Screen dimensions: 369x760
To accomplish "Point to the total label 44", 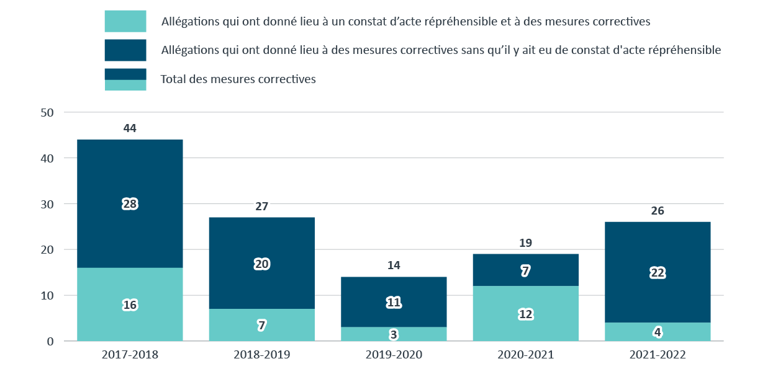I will click(130, 129).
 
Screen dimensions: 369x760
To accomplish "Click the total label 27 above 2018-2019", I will click(261, 207).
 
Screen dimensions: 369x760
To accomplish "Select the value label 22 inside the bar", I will click(658, 272).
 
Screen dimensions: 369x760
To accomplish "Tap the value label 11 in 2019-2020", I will click(394, 303).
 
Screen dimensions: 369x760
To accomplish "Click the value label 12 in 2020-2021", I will click(525, 314).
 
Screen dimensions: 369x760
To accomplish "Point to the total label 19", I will click(525, 243).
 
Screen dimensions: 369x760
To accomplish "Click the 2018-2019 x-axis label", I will click(261, 355).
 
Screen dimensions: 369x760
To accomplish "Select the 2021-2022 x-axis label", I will click(658, 355).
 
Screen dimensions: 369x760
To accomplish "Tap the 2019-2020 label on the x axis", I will click(394, 355).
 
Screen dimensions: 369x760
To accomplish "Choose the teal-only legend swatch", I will click(125, 21).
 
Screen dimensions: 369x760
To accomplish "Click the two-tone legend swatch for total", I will click(125, 79).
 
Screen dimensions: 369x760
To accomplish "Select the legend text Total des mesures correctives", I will click(238, 79).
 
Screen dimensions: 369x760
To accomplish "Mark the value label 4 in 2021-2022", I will click(658, 332).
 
